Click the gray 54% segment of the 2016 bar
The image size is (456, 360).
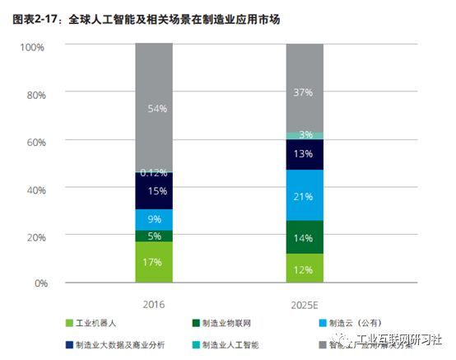[x=154, y=107]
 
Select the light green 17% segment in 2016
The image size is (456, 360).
[x=154, y=262]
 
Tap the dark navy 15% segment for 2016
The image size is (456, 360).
[x=154, y=191]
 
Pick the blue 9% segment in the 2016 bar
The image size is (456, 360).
[x=154, y=220]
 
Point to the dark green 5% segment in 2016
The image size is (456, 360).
[x=154, y=236]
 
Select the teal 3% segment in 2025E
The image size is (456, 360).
[x=305, y=135]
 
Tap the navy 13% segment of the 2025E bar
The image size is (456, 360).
[x=305, y=154]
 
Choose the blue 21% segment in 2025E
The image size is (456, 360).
[x=305, y=195]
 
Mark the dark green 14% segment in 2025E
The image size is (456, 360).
[x=305, y=237]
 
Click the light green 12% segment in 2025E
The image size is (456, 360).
[x=305, y=269]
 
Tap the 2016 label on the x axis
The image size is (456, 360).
[x=154, y=304]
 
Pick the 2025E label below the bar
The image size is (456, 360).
[x=305, y=304]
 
